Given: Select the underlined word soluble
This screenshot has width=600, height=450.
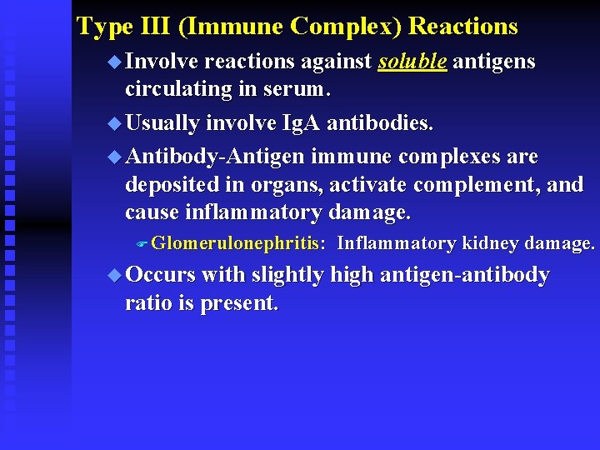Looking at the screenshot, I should (x=412, y=62).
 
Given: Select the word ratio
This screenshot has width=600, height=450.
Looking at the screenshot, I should (x=147, y=303).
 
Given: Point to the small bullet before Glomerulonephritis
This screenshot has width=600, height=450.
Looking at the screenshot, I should (x=142, y=244).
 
